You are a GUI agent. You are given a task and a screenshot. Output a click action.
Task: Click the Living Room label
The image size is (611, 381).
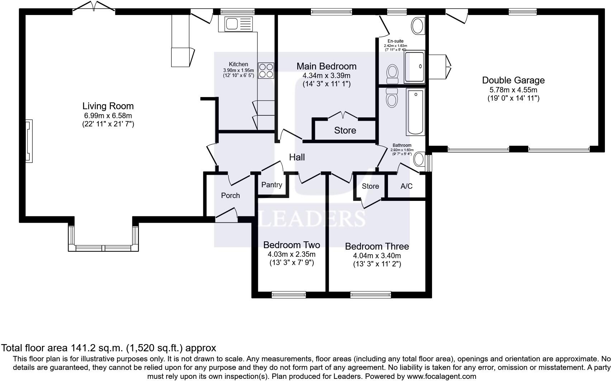(x=108, y=106)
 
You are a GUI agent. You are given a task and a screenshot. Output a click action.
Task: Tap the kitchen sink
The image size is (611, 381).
(x=239, y=24)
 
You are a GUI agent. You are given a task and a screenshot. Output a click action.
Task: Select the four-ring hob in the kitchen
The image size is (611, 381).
(x=266, y=71)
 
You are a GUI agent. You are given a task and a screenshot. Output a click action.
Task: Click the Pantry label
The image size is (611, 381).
(x=272, y=185)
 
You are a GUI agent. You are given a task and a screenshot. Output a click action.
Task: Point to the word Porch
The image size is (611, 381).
(x=231, y=196)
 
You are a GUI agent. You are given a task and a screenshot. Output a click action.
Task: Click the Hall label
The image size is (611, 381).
(x=297, y=157)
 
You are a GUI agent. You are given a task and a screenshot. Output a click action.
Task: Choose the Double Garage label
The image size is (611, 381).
(x=513, y=80)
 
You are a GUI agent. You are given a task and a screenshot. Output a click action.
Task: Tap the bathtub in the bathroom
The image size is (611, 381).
(x=416, y=112)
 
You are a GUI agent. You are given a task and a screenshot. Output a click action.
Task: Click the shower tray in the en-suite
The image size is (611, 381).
(x=415, y=67)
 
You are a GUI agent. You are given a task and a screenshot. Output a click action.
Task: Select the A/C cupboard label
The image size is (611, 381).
(x=406, y=186)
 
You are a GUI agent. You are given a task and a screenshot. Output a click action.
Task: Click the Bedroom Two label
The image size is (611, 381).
(x=292, y=245)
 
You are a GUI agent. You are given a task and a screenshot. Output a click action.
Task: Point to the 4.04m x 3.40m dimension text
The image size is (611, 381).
(x=377, y=256)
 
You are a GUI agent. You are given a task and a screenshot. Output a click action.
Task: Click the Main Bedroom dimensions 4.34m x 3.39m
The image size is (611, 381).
(x=327, y=76)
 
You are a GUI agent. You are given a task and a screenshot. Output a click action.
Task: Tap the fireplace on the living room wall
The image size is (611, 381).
(x=29, y=141)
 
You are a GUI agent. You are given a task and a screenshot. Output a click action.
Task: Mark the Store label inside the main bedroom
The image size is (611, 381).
(x=345, y=130)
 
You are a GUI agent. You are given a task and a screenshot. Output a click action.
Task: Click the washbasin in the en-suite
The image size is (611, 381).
(x=418, y=26)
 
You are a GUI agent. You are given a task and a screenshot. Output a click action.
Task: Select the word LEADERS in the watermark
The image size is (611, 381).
(x=312, y=218)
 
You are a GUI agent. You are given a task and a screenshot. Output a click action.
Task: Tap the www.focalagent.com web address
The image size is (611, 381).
(x=442, y=376)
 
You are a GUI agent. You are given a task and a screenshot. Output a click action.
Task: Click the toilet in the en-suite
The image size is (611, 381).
(x=393, y=74)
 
